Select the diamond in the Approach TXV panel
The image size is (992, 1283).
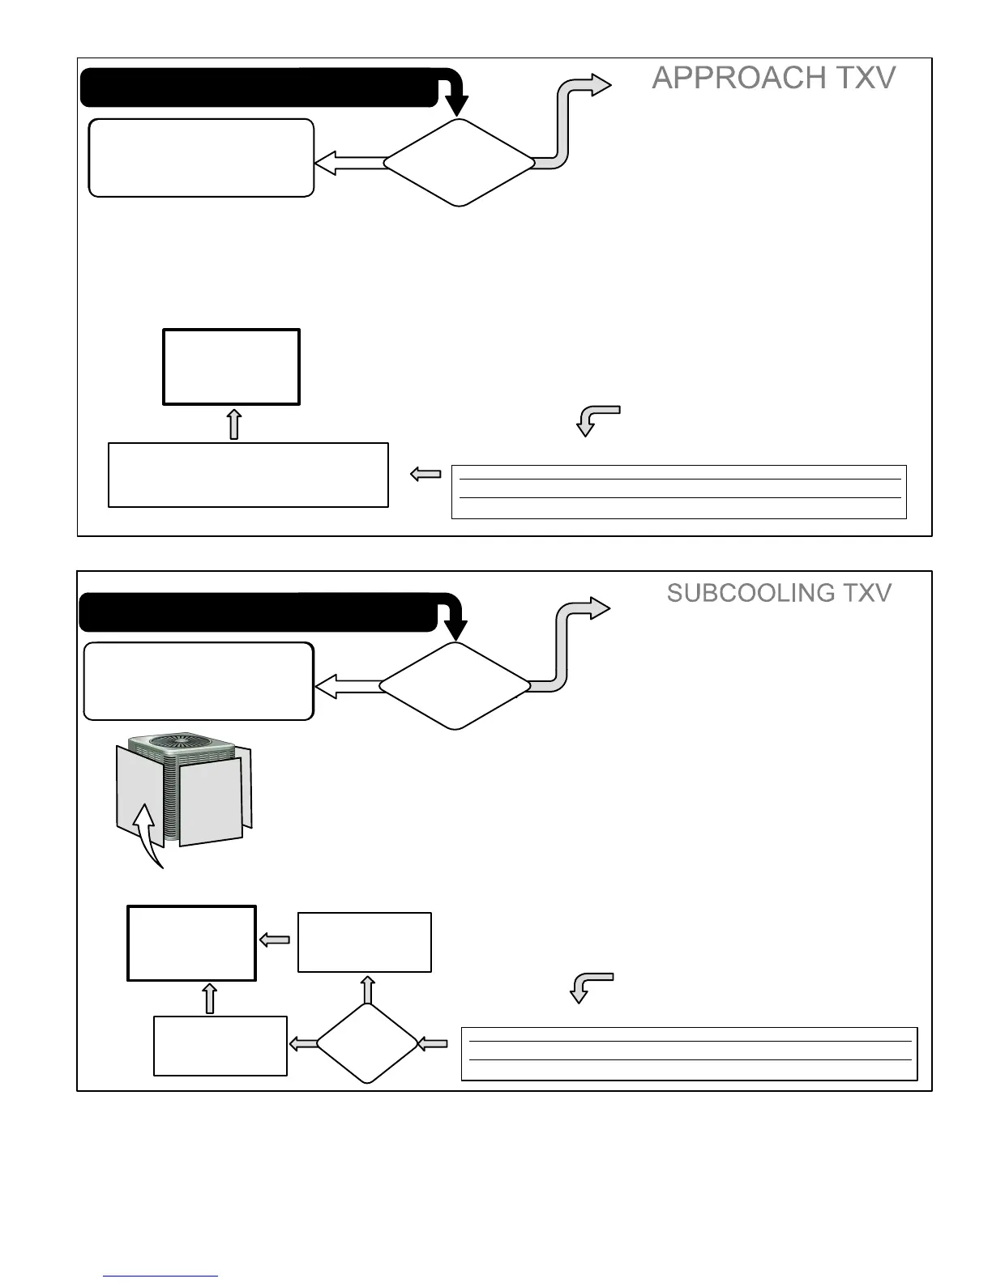point(459,163)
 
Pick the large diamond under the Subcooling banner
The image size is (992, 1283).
point(455,685)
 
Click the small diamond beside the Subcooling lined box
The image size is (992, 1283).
point(366,1043)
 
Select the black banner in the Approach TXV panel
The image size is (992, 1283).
point(259,88)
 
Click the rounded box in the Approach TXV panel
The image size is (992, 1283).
point(201,158)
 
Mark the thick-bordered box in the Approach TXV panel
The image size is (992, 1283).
point(232,367)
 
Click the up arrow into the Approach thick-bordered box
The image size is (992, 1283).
point(233,424)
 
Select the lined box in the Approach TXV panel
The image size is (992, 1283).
point(678,492)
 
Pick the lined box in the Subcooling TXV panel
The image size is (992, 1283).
point(689,1054)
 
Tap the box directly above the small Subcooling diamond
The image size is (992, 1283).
point(365,942)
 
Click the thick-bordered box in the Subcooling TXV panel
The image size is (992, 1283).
point(192,944)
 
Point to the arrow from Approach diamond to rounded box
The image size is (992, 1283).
point(349,164)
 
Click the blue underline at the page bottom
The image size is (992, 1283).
point(160,1277)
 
